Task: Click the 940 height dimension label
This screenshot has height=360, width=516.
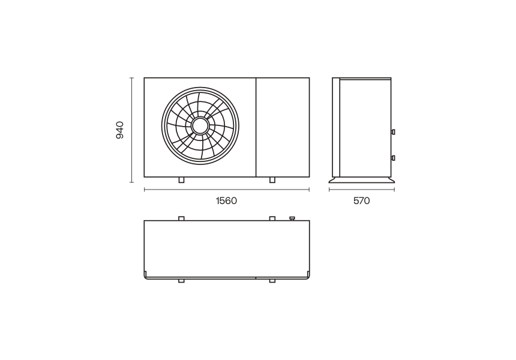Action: click(120, 130)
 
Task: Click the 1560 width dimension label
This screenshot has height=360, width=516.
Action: click(226, 201)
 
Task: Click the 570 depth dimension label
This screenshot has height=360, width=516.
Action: click(362, 201)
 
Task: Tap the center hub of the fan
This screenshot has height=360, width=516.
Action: click(200, 126)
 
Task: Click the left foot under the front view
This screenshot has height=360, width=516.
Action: click(181, 180)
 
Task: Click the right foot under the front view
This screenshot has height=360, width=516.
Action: click(272, 180)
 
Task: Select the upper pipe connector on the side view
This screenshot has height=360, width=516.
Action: click(393, 132)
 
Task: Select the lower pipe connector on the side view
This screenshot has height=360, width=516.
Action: click(393, 158)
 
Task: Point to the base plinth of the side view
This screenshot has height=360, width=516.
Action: click(362, 180)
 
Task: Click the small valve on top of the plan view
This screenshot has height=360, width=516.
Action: click(292, 218)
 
